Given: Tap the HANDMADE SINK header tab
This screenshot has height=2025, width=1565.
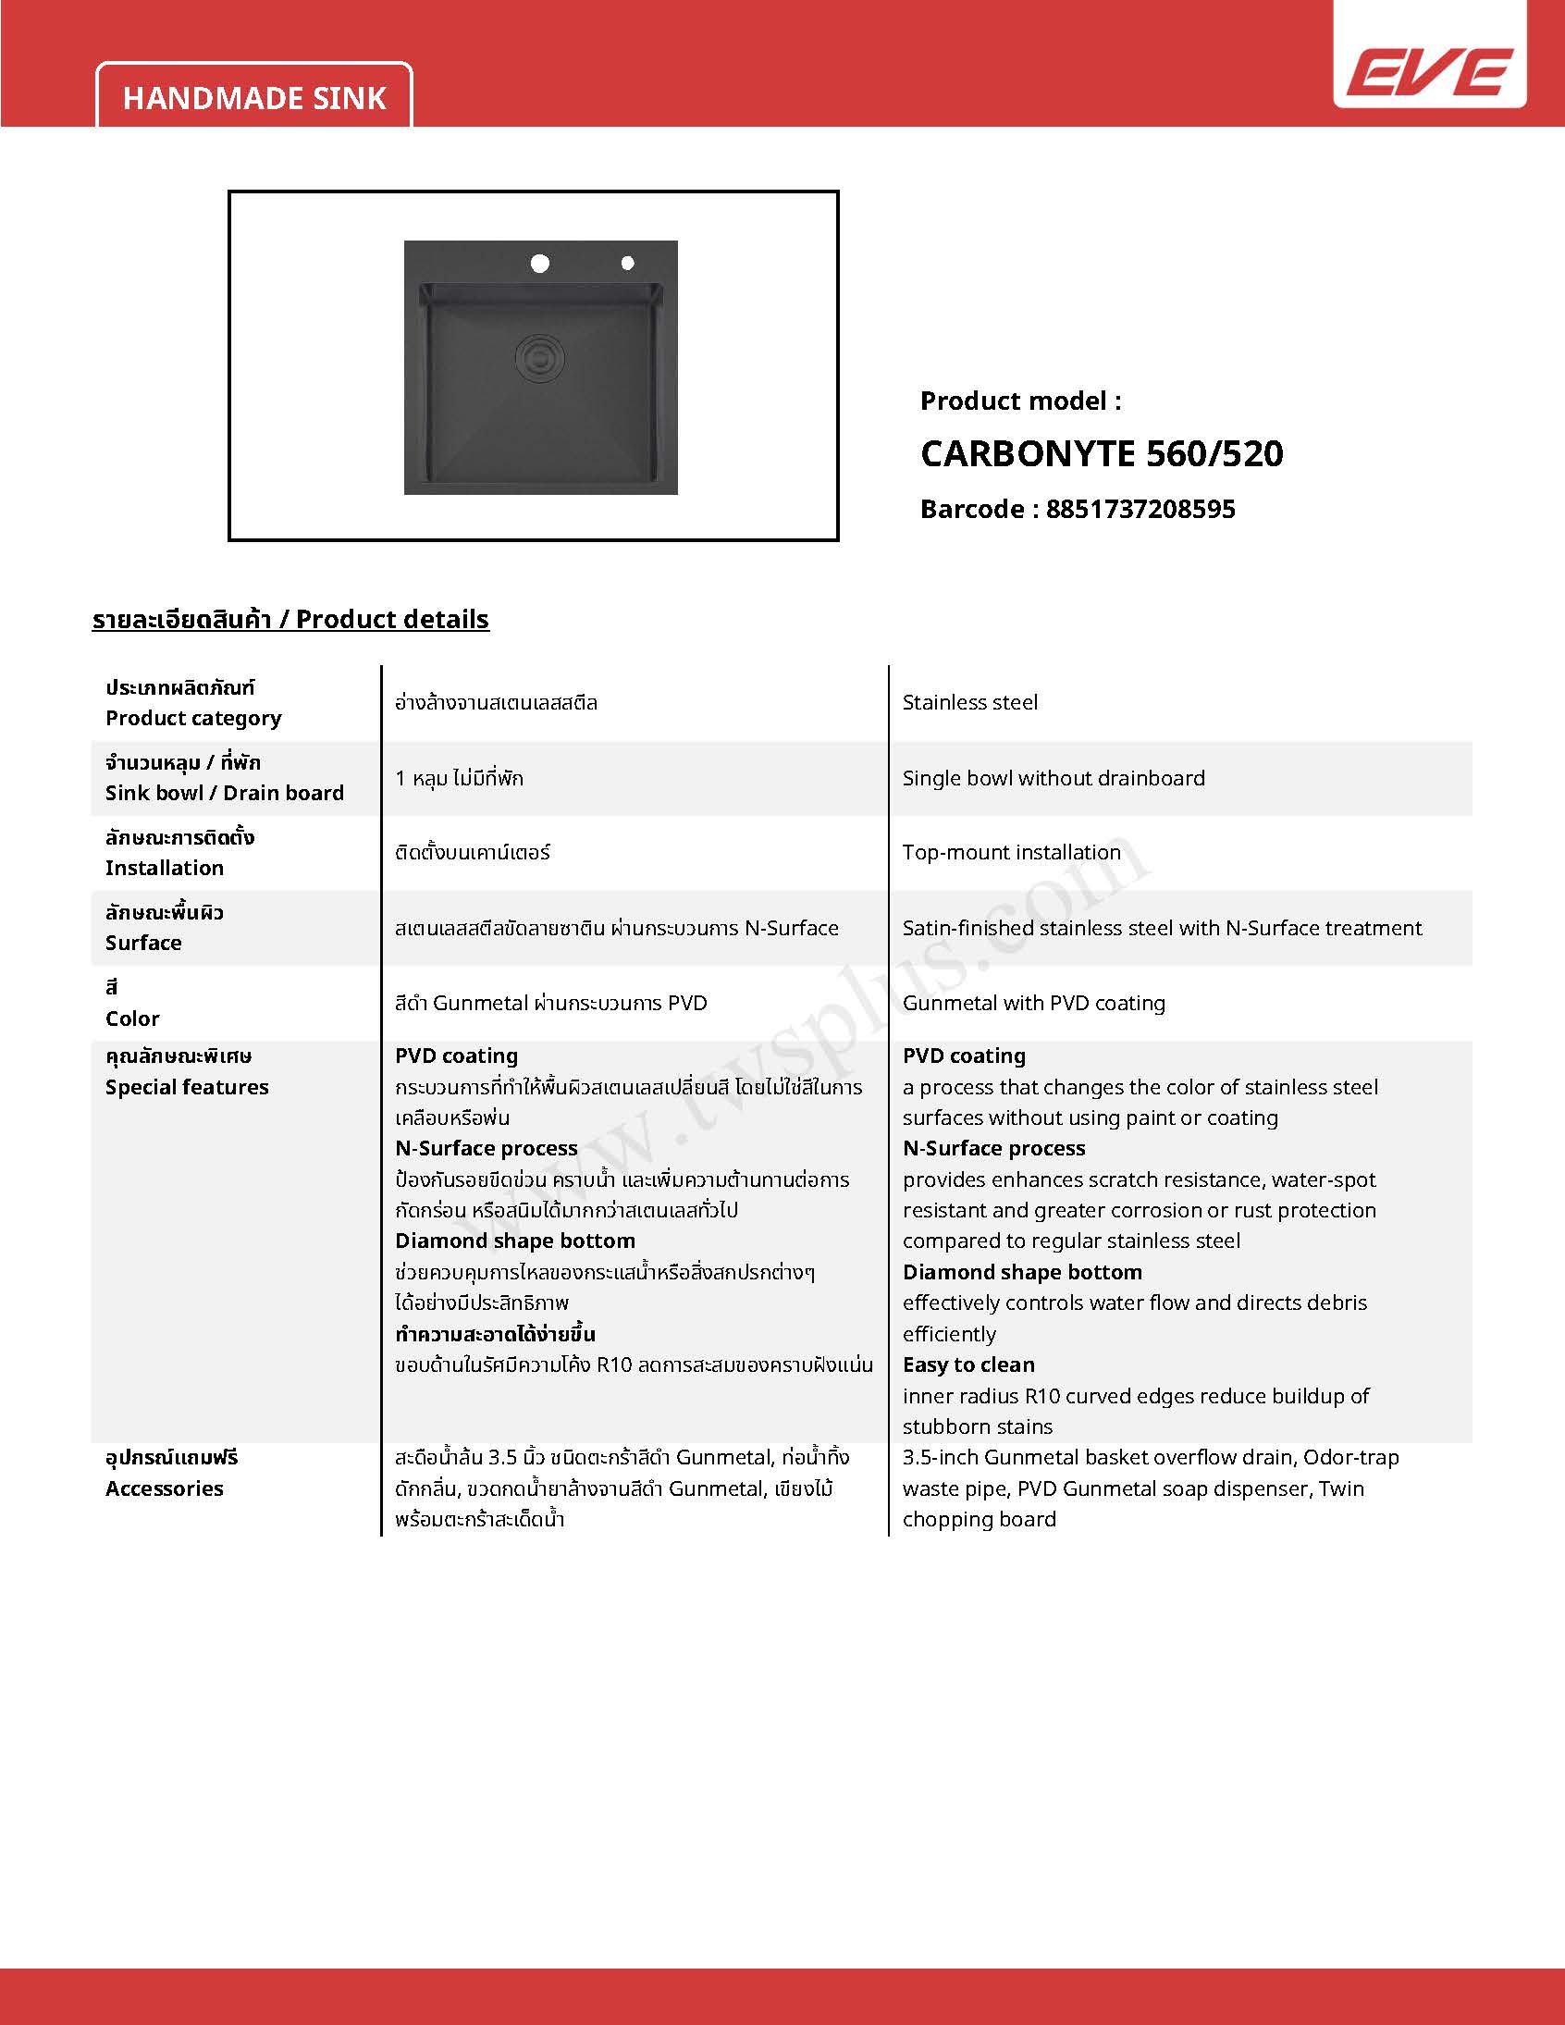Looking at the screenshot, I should [x=254, y=98].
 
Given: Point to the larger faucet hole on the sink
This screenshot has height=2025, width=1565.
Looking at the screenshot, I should [x=539, y=265].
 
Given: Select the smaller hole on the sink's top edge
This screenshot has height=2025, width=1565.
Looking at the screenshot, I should [x=628, y=265].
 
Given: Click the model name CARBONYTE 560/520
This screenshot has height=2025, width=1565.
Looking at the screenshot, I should [x=1102, y=453].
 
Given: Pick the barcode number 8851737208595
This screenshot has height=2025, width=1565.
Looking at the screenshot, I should [x=1140, y=509].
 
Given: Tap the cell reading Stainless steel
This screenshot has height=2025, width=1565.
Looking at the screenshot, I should [x=969, y=703].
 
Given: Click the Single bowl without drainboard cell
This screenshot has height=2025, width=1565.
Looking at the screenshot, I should [x=1054, y=778].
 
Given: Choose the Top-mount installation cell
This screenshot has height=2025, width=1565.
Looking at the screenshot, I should [x=1012, y=852].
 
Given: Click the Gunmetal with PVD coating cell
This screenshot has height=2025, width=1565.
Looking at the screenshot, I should [x=1034, y=1003].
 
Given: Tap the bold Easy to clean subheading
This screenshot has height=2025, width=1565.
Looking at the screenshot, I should [x=968, y=1364].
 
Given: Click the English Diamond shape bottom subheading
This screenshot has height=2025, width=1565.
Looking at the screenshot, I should [x=1022, y=1272].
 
